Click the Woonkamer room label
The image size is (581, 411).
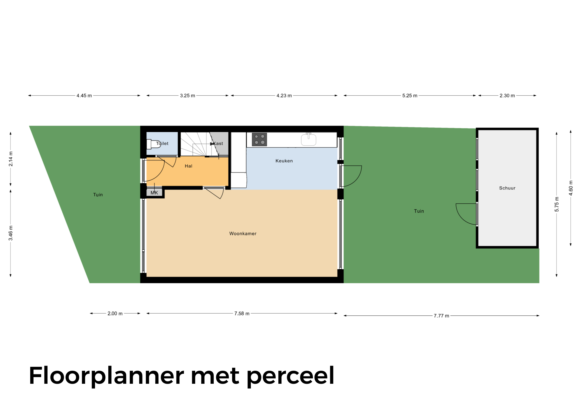(243, 234)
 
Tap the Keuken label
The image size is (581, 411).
(284, 161)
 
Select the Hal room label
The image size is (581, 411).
(189, 166)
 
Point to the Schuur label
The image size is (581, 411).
(507, 188)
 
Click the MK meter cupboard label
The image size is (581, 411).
(154, 193)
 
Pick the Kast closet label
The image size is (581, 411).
(218, 143)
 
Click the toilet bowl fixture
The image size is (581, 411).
(153, 144)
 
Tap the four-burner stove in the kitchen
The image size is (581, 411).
(259, 140)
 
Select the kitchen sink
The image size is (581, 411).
(309, 140)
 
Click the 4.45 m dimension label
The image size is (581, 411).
(84, 96)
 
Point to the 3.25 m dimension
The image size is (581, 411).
(188, 96)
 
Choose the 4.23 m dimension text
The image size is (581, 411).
(284, 96)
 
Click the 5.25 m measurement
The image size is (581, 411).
(410, 96)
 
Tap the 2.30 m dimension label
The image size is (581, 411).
(507, 96)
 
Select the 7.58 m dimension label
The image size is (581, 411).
(242, 314)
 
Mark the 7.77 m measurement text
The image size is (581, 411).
(441, 316)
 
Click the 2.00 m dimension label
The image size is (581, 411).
(115, 314)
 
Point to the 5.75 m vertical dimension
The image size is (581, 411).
(557, 204)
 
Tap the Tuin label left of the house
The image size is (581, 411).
(98, 195)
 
